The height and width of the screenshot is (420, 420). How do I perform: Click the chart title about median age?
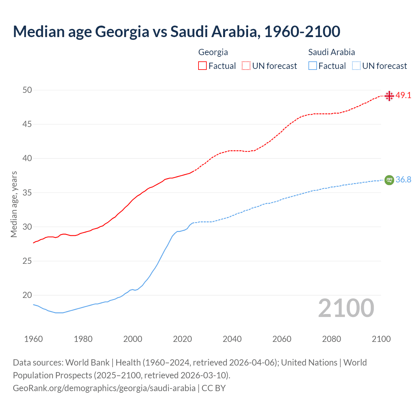pyautogui.click(x=177, y=31)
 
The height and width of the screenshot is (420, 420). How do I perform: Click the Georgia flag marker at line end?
pyautogui.click(x=389, y=96)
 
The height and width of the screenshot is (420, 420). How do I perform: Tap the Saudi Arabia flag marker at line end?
pyautogui.click(x=389, y=180)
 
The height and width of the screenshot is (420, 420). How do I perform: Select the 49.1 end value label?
pyautogui.click(x=403, y=95)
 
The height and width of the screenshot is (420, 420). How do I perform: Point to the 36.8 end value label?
pyautogui.click(x=403, y=179)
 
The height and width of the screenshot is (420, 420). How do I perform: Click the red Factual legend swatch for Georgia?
pyautogui.click(x=202, y=66)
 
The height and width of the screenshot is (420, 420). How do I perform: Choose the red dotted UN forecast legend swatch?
pyautogui.click(x=246, y=66)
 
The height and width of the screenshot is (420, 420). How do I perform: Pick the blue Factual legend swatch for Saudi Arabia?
pyautogui.click(x=313, y=66)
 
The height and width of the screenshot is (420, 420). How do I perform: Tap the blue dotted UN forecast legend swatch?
pyautogui.click(x=356, y=66)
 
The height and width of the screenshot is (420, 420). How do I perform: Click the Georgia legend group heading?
pyautogui.click(x=213, y=52)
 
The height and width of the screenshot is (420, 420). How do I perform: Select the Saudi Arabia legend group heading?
pyautogui.click(x=331, y=52)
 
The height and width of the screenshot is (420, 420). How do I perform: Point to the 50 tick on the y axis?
pyautogui.click(x=27, y=90)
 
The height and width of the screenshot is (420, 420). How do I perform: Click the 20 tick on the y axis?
pyautogui.click(x=27, y=295)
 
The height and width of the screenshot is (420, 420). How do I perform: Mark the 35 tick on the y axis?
pyautogui.click(x=27, y=193)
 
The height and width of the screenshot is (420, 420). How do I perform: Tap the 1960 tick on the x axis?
pyautogui.click(x=33, y=339)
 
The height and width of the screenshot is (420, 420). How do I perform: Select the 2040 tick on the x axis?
pyautogui.click(x=232, y=339)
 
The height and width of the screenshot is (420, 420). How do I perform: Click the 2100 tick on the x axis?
pyautogui.click(x=381, y=339)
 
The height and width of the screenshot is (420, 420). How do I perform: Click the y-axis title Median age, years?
pyautogui.click(x=14, y=204)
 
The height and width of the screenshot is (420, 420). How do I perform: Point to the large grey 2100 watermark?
pyautogui.click(x=346, y=308)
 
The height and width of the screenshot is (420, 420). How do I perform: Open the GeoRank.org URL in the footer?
pyautogui.click(x=104, y=388)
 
